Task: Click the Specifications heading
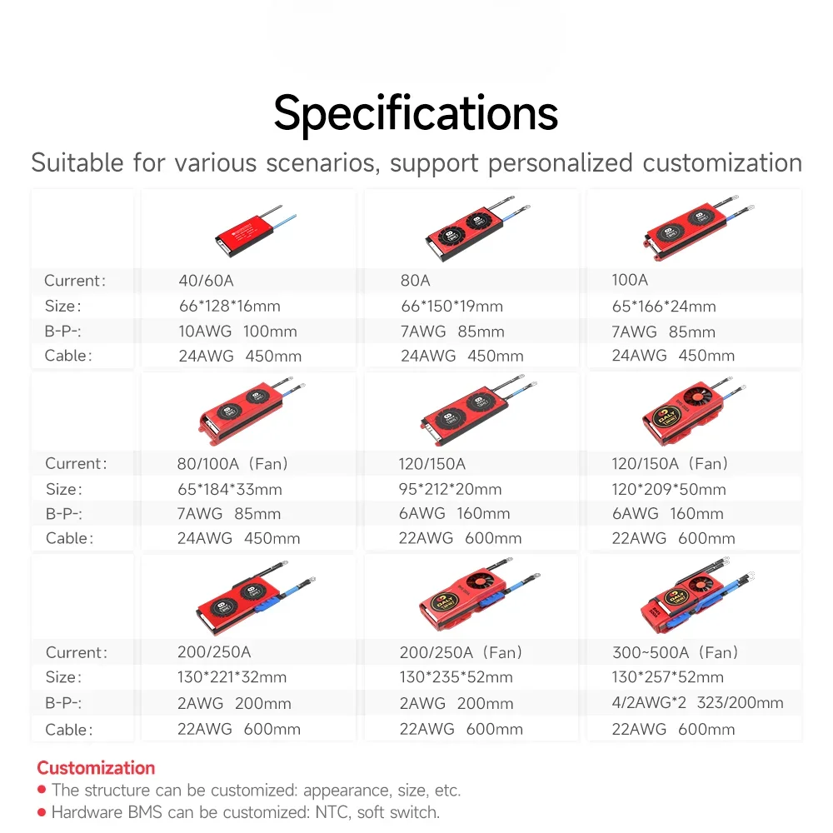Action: (x=416, y=113)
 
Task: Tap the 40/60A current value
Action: (x=206, y=281)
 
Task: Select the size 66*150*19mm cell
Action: (x=451, y=306)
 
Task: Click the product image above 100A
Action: (x=698, y=229)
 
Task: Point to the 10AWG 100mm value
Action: (x=237, y=331)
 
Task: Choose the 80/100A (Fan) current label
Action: (x=232, y=464)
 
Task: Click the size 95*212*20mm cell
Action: (x=450, y=489)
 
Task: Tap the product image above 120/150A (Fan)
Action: (x=694, y=411)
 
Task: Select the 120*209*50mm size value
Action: (x=668, y=489)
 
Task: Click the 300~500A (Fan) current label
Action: (x=676, y=652)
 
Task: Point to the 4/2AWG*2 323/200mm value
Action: (x=697, y=703)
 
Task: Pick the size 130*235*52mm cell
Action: (x=456, y=677)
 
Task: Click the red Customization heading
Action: (x=96, y=768)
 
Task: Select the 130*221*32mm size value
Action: (x=232, y=677)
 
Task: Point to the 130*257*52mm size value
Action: (x=668, y=677)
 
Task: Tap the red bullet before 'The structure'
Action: (x=42, y=790)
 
